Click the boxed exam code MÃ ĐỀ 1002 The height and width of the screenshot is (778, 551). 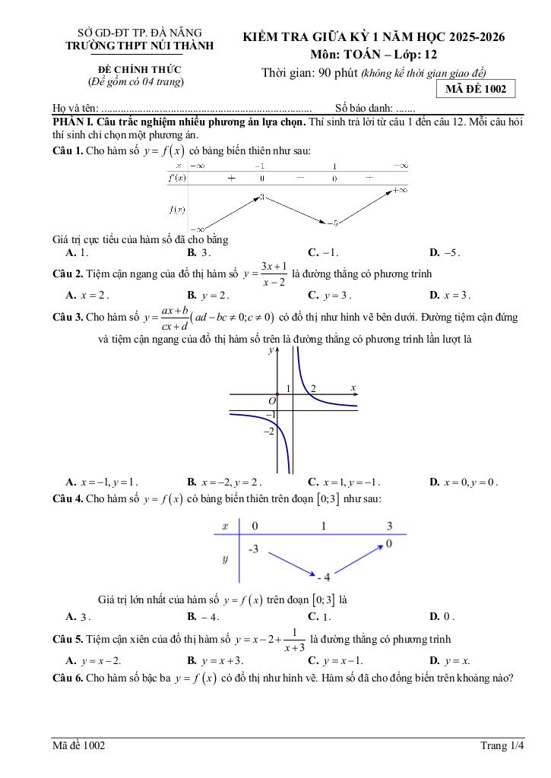point(476,89)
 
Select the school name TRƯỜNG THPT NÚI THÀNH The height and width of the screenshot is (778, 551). point(141,46)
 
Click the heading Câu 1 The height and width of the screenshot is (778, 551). point(67,150)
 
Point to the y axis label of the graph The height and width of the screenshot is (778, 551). point(271,351)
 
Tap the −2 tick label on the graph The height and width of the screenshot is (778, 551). point(268,432)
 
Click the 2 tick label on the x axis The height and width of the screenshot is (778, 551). point(313,388)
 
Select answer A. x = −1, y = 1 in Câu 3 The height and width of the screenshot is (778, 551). point(102,482)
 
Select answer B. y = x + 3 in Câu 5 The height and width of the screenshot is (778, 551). point(215,661)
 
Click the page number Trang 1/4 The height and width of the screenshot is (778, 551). point(502,746)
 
